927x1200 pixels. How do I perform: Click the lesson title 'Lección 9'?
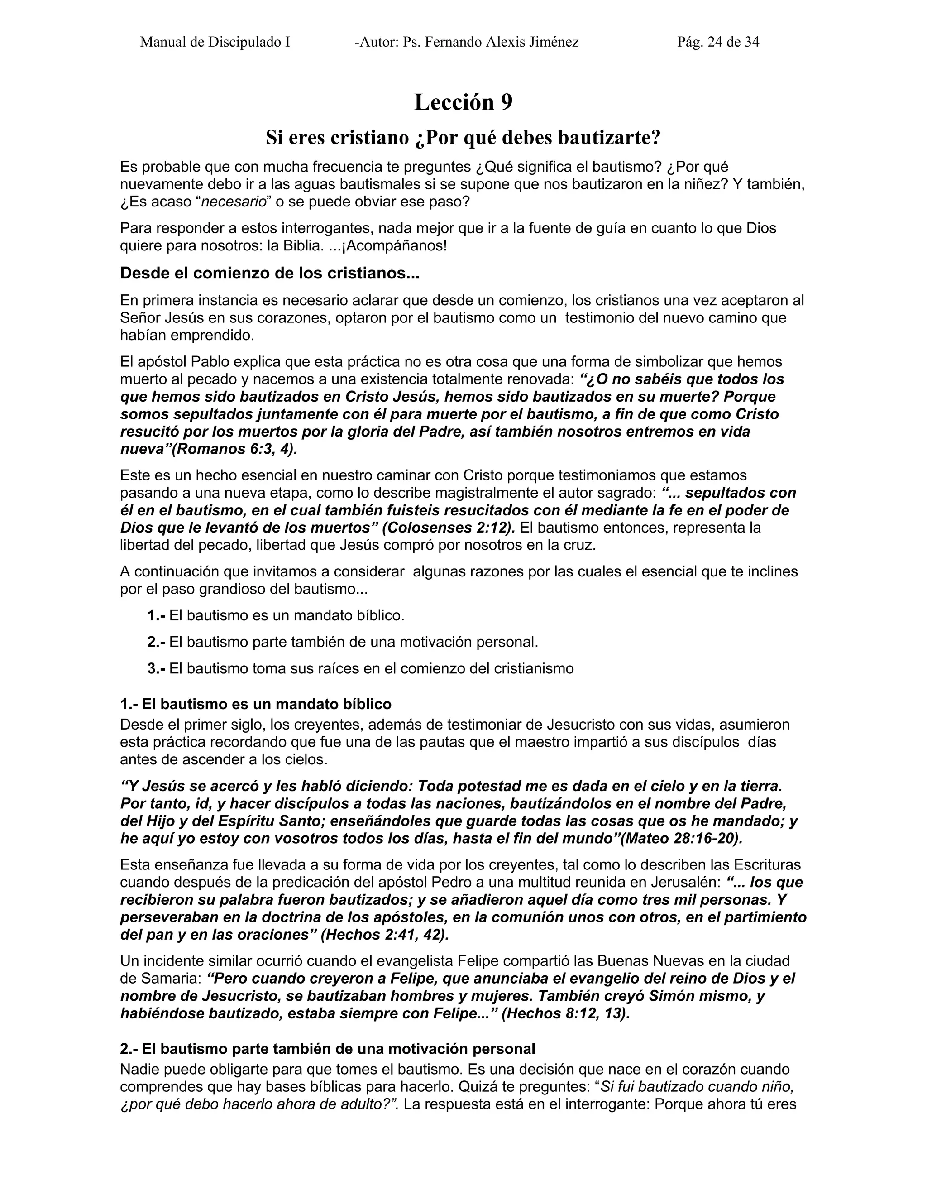pyautogui.click(x=463, y=103)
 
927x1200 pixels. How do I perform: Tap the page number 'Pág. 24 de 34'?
pyautogui.click(x=718, y=42)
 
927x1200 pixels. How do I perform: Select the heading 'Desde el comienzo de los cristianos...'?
pyautogui.click(x=270, y=273)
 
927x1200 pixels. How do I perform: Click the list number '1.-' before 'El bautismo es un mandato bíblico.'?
pyautogui.click(x=157, y=615)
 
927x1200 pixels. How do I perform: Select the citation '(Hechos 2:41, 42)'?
pyautogui.click(x=384, y=935)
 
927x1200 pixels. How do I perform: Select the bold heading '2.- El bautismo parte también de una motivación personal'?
pyautogui.click(x=327, y=1049)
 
